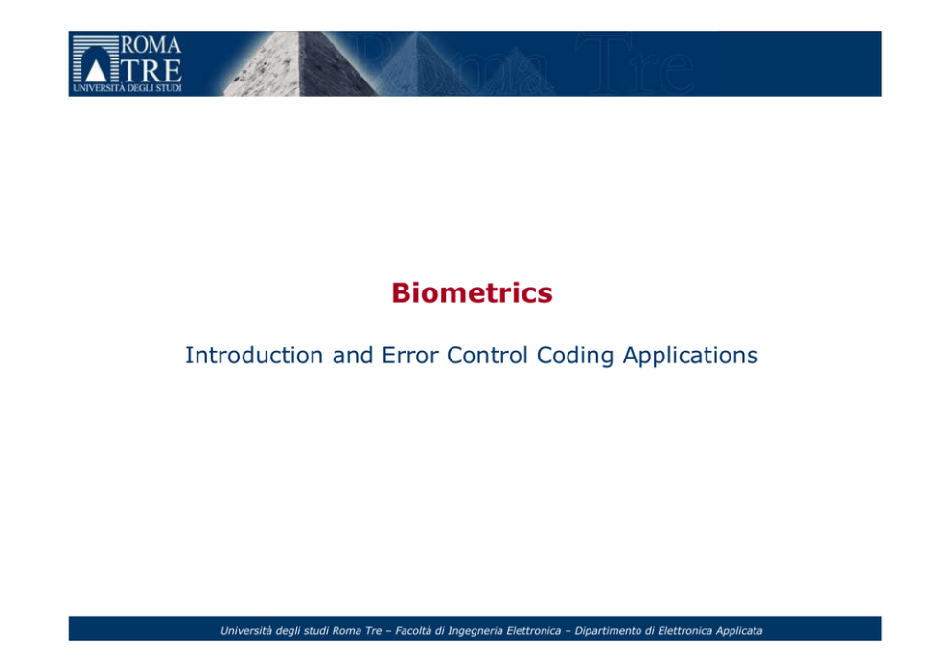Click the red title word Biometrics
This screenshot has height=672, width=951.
point(472,293)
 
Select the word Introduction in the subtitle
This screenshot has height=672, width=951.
point(254,355)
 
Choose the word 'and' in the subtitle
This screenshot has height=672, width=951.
point(353,355)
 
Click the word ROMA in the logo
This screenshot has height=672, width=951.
point(151,45)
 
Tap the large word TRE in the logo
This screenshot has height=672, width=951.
point(151,70)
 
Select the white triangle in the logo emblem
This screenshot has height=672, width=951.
point(96,71)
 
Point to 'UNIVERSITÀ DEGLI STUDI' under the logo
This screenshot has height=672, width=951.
point(128,88)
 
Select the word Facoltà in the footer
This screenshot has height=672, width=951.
point(413,630)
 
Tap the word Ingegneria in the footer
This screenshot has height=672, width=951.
point(475,631)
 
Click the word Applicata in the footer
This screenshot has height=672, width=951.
point(739,631)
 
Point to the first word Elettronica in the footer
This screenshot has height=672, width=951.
point(534,630)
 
